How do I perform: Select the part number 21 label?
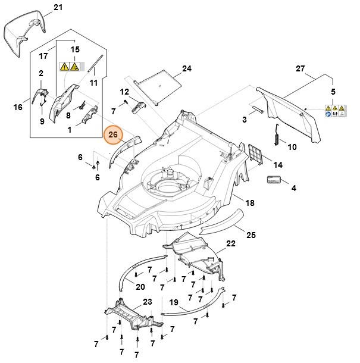(x=57, y=8)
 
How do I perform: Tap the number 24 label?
(x=187, y=69)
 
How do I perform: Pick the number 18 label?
(x=250, y=204)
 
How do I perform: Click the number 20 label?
(x=140, y=287)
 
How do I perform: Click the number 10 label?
(x=292, y=146)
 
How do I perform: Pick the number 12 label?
(x=124, y=92)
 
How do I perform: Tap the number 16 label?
(x=18, y=107)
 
